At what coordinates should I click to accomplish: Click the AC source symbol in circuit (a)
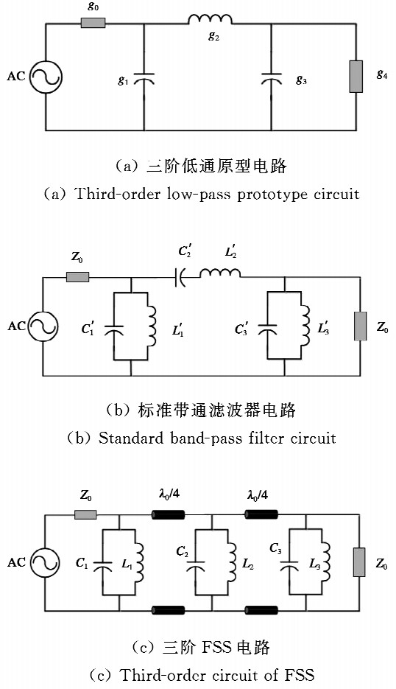(46, 77)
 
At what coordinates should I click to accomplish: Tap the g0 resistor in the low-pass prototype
(93, 23)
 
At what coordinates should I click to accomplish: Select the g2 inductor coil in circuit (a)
(210, 19)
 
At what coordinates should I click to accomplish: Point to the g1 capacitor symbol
(144, 79)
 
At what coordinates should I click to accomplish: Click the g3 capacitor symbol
(271, 79)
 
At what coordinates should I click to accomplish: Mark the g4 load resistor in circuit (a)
(356, 77)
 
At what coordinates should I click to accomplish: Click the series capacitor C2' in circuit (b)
(180, 278)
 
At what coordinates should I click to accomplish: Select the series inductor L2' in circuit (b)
(220, 273)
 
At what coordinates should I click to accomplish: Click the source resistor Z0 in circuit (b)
(78, 277)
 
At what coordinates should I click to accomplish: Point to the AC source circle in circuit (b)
(43, 326)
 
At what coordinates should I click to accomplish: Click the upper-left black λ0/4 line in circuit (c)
(168, 514)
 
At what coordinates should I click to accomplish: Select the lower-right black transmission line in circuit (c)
(261, 610)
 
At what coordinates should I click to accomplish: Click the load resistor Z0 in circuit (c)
(359, 562)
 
